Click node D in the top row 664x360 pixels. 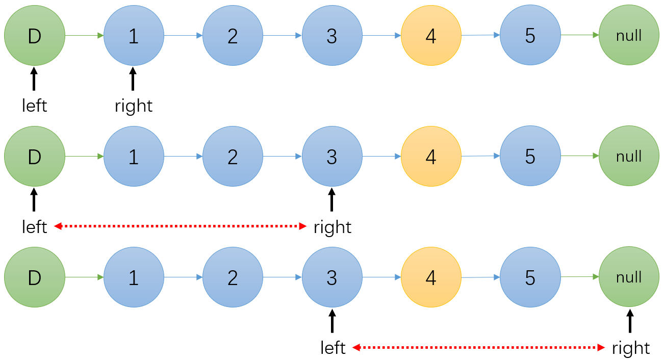tap(35, 35)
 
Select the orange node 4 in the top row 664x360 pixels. tap(431, 35)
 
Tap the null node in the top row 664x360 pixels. tap(629, 35)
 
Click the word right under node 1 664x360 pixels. tap(134, 106)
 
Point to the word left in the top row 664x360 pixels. tap(35, 106)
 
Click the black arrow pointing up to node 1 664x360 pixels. tap(134, 79)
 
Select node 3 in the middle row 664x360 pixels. tap(332, 156)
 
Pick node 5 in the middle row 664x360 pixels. tap(530, 156)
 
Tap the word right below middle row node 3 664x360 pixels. tap(333, 227)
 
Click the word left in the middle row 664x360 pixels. tap(35, 227)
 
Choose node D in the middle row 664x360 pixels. tap(35, 156)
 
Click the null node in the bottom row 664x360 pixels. tap(629, 277)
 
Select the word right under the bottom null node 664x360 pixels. tap(631, 348)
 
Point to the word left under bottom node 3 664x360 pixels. tap(333, 348)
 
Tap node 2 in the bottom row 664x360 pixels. tap(233, 277)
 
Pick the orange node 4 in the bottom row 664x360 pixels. tap(431, 277)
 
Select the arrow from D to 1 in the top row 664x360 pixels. tap(84, 35)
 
